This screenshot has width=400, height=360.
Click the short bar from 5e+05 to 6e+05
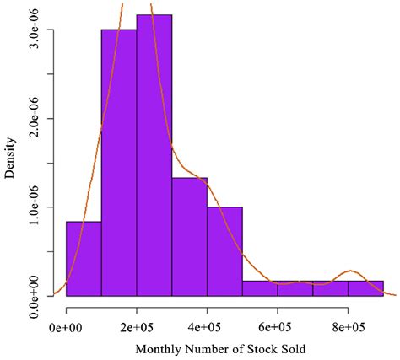(x=260, y=288)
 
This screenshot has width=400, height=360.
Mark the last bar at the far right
(x=365, y=288)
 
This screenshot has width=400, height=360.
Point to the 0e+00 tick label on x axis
(x=66, y=325)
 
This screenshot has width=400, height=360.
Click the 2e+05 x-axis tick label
(x=136, y=325)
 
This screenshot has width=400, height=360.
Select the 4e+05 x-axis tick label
(x=207, y=325)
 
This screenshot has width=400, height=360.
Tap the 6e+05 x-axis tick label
(x=278, y=325)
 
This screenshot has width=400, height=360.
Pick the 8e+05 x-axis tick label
(x=348, y=325)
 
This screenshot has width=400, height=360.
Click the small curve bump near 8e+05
(x=349, y=271)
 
